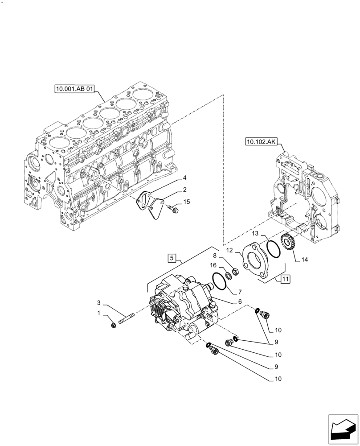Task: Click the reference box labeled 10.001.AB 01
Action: click(75, 89)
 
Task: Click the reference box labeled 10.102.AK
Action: click(261, 142)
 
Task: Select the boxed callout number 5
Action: click(172, 258)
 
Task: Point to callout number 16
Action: click(213, 265)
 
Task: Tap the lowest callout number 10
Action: click(278, 380)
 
